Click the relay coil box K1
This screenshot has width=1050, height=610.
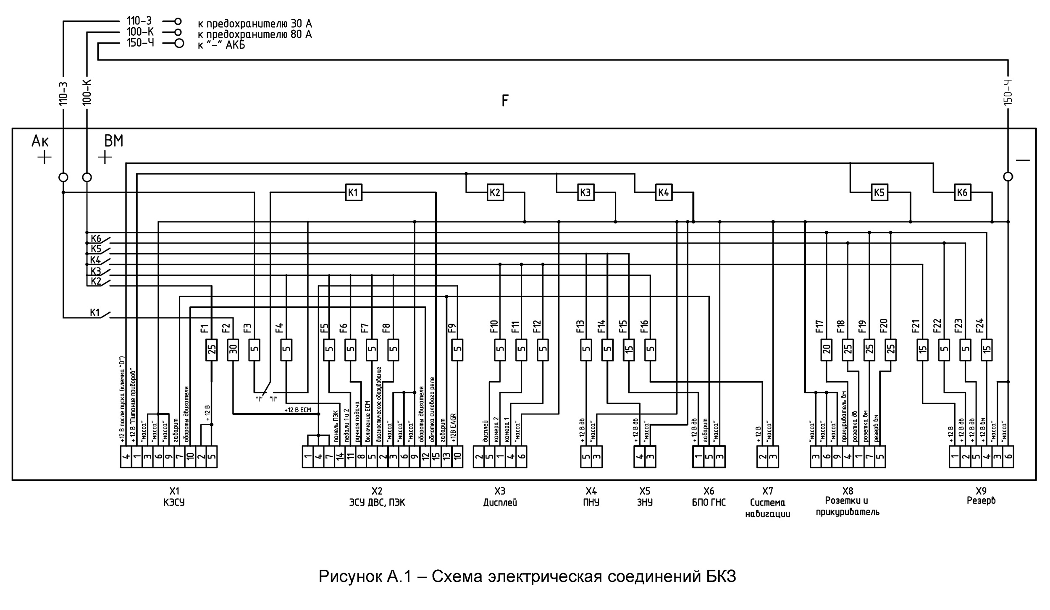coord(353,192)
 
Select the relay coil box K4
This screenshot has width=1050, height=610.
coord(664,192)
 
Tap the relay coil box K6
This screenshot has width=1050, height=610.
coord(962,192)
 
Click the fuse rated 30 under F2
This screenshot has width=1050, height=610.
coord(233,350)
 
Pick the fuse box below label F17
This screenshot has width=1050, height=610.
coord(827,350)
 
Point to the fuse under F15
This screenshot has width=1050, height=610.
coord(629,350)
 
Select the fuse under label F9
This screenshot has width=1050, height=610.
coord(457,350)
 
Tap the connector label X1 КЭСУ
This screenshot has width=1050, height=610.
coord(174,496)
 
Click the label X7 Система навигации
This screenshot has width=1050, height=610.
coord(767,502)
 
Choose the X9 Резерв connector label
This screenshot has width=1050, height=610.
coord(981,496)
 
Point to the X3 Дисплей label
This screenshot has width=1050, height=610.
coord(500,496)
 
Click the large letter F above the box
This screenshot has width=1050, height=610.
coord(505,101)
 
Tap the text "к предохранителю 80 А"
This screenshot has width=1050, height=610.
coord(255,34)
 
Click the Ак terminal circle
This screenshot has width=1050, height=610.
coord(63,177)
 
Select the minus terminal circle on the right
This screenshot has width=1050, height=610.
coord(1008,177)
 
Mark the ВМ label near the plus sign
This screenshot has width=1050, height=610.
coord(114,141)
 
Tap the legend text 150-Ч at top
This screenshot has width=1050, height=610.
coord(141,43)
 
